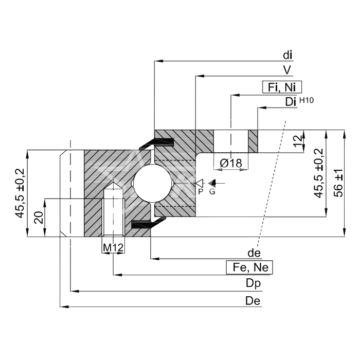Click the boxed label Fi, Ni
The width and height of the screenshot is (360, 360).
(282, 87)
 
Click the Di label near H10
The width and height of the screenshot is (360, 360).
(290, 102)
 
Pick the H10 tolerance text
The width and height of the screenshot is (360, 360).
(306, 100)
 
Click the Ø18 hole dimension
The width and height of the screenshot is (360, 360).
(231, 164)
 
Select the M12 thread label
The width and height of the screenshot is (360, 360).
(113, 248)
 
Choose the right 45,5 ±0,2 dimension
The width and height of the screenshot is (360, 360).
(318, 173)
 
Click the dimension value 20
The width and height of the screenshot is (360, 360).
(38, 218)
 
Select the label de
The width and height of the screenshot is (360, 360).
(254, 253)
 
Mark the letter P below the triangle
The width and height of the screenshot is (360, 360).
(201, 191)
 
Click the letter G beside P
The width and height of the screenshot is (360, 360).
(212, 191)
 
